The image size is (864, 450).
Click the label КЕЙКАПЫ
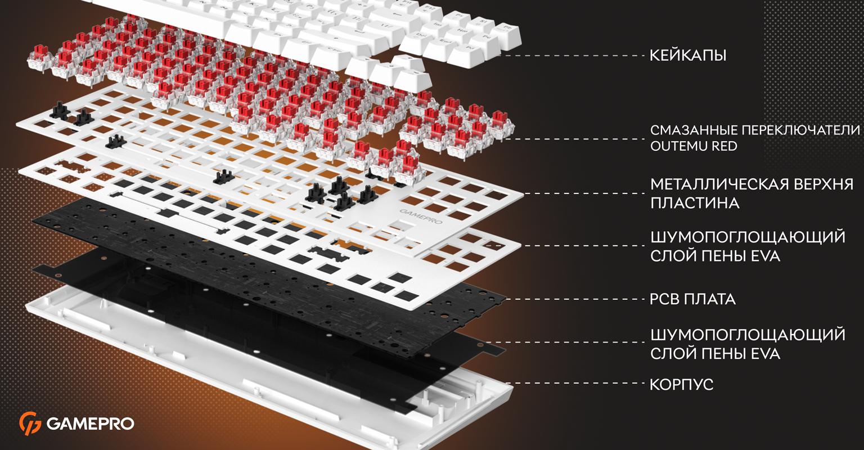(688, 56)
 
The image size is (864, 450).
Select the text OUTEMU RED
(694, 146)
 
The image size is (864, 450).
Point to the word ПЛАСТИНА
(695, 203)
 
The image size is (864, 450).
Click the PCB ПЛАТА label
(692, 299)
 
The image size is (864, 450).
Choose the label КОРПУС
(682, 384)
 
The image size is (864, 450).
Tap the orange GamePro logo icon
(30, 423)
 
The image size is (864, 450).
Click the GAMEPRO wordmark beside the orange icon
(90, 424)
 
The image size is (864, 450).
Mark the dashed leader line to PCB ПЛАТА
(574, 299)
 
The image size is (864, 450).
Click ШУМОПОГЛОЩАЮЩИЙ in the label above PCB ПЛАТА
(748, 237)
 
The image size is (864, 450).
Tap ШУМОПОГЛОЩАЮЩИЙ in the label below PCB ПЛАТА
(748, 335)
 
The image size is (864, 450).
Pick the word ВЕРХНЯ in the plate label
(823, 184)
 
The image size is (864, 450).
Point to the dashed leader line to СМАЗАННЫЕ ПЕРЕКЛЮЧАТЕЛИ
(574, 139)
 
